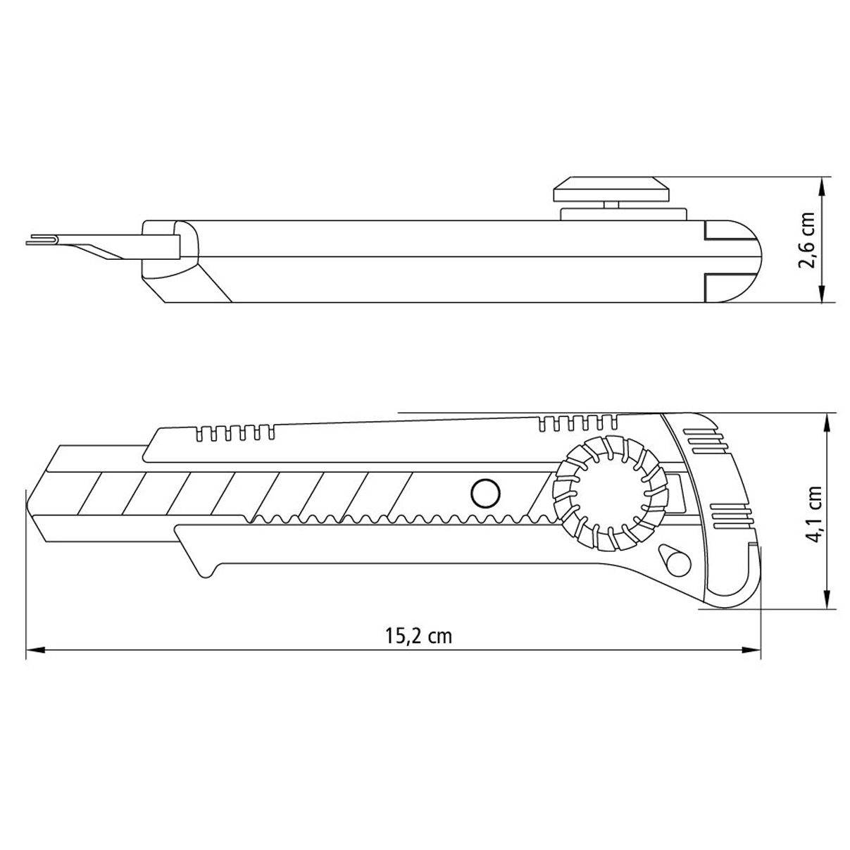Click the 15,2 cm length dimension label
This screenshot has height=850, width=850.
point(418,637)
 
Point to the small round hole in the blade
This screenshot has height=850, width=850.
point(485,494)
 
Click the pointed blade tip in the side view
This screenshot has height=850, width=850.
point(28,502)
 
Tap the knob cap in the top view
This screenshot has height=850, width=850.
point(612,189)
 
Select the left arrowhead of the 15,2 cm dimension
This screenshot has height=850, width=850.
point(35,650)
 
